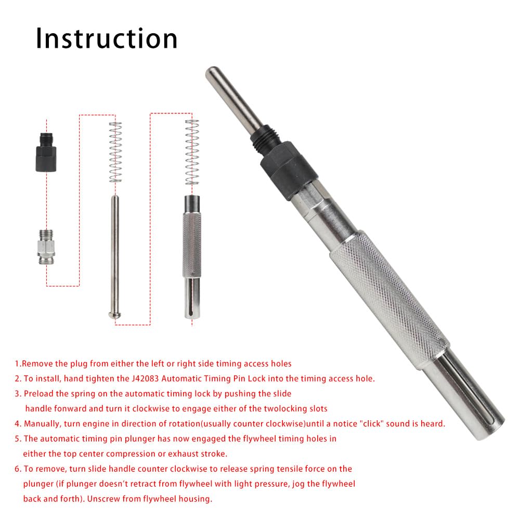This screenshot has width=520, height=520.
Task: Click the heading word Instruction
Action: point(107,39)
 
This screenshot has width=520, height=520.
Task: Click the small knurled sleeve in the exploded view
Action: point(192,244)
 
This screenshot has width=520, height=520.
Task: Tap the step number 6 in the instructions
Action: point(17,469)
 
